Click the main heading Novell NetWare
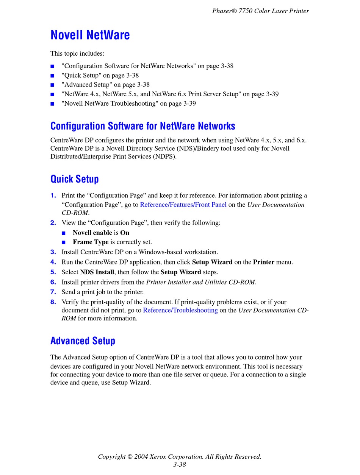(90, 35)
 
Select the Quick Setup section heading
(75, 179)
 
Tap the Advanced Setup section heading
(83, 341)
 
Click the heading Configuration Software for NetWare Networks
(143, 126)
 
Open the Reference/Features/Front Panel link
(183, 205)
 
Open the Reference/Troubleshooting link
(180, 310)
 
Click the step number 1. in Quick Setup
(53, 196)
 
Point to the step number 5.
(53, 272)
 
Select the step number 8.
(53, 302)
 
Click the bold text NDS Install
(97, 272)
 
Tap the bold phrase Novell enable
(92, 233)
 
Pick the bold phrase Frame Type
(91, 242)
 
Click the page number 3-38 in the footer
(180, 465)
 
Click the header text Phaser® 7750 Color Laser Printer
(260, 11)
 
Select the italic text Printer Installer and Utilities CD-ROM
(201, 282)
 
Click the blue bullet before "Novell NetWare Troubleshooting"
(52, 104)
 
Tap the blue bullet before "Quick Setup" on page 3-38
(52, 76)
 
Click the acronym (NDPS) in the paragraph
(164, 157)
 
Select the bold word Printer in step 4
(264, 262)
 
